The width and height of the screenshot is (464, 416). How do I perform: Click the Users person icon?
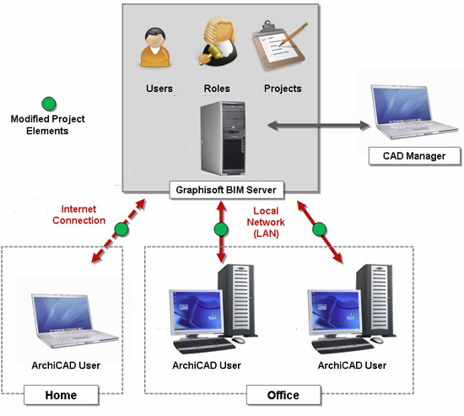pyautogui.click(x=155, y=47)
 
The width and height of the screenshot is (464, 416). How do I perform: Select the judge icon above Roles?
pyautogui.click(x=219, y=41)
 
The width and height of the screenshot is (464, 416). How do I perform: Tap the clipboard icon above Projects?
pyautogui.click(x=279, y=45)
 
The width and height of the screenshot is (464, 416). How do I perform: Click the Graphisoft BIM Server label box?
pyautogui.click(x=226, y=190)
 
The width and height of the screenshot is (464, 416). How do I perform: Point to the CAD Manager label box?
pyautogui.click(x=414, y=156)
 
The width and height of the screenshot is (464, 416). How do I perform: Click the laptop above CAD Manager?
pyautogui.click(x=413, y=112)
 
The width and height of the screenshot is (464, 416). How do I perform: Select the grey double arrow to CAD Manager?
pyautogui.click(x=319, y=125)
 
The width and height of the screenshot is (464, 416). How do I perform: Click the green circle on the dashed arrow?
pyautogui.click(x=121, y=230)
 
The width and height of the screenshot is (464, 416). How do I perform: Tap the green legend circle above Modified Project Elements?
pyautogui.click(x=49, y=104)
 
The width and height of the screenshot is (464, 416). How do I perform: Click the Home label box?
pyautogui.click(x=61, y=395)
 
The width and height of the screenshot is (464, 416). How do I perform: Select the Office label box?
pyautogui.click(x=283, y=395)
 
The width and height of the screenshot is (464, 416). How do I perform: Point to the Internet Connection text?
pyautogui.click(x=78, y=214)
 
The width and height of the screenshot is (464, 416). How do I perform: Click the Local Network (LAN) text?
pyautogui.click(x=266, y=223)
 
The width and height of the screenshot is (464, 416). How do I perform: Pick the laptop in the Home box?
pyautogui.click(x=74, y=321)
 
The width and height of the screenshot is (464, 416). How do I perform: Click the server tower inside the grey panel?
pyautogui.click(x=223, y=138)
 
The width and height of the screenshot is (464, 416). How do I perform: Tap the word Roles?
pyautogui.click(x=217, y=89)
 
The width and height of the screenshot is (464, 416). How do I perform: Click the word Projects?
pyautogui.click(x=283, y=89)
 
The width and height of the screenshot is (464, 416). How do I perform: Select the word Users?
pyautogui.click(x=159, y=89)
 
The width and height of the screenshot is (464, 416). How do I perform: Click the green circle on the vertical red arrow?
pyautogui.click(x=221, y=230)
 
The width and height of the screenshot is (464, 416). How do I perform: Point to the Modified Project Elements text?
pyautogui.click(x=47, y=125)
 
